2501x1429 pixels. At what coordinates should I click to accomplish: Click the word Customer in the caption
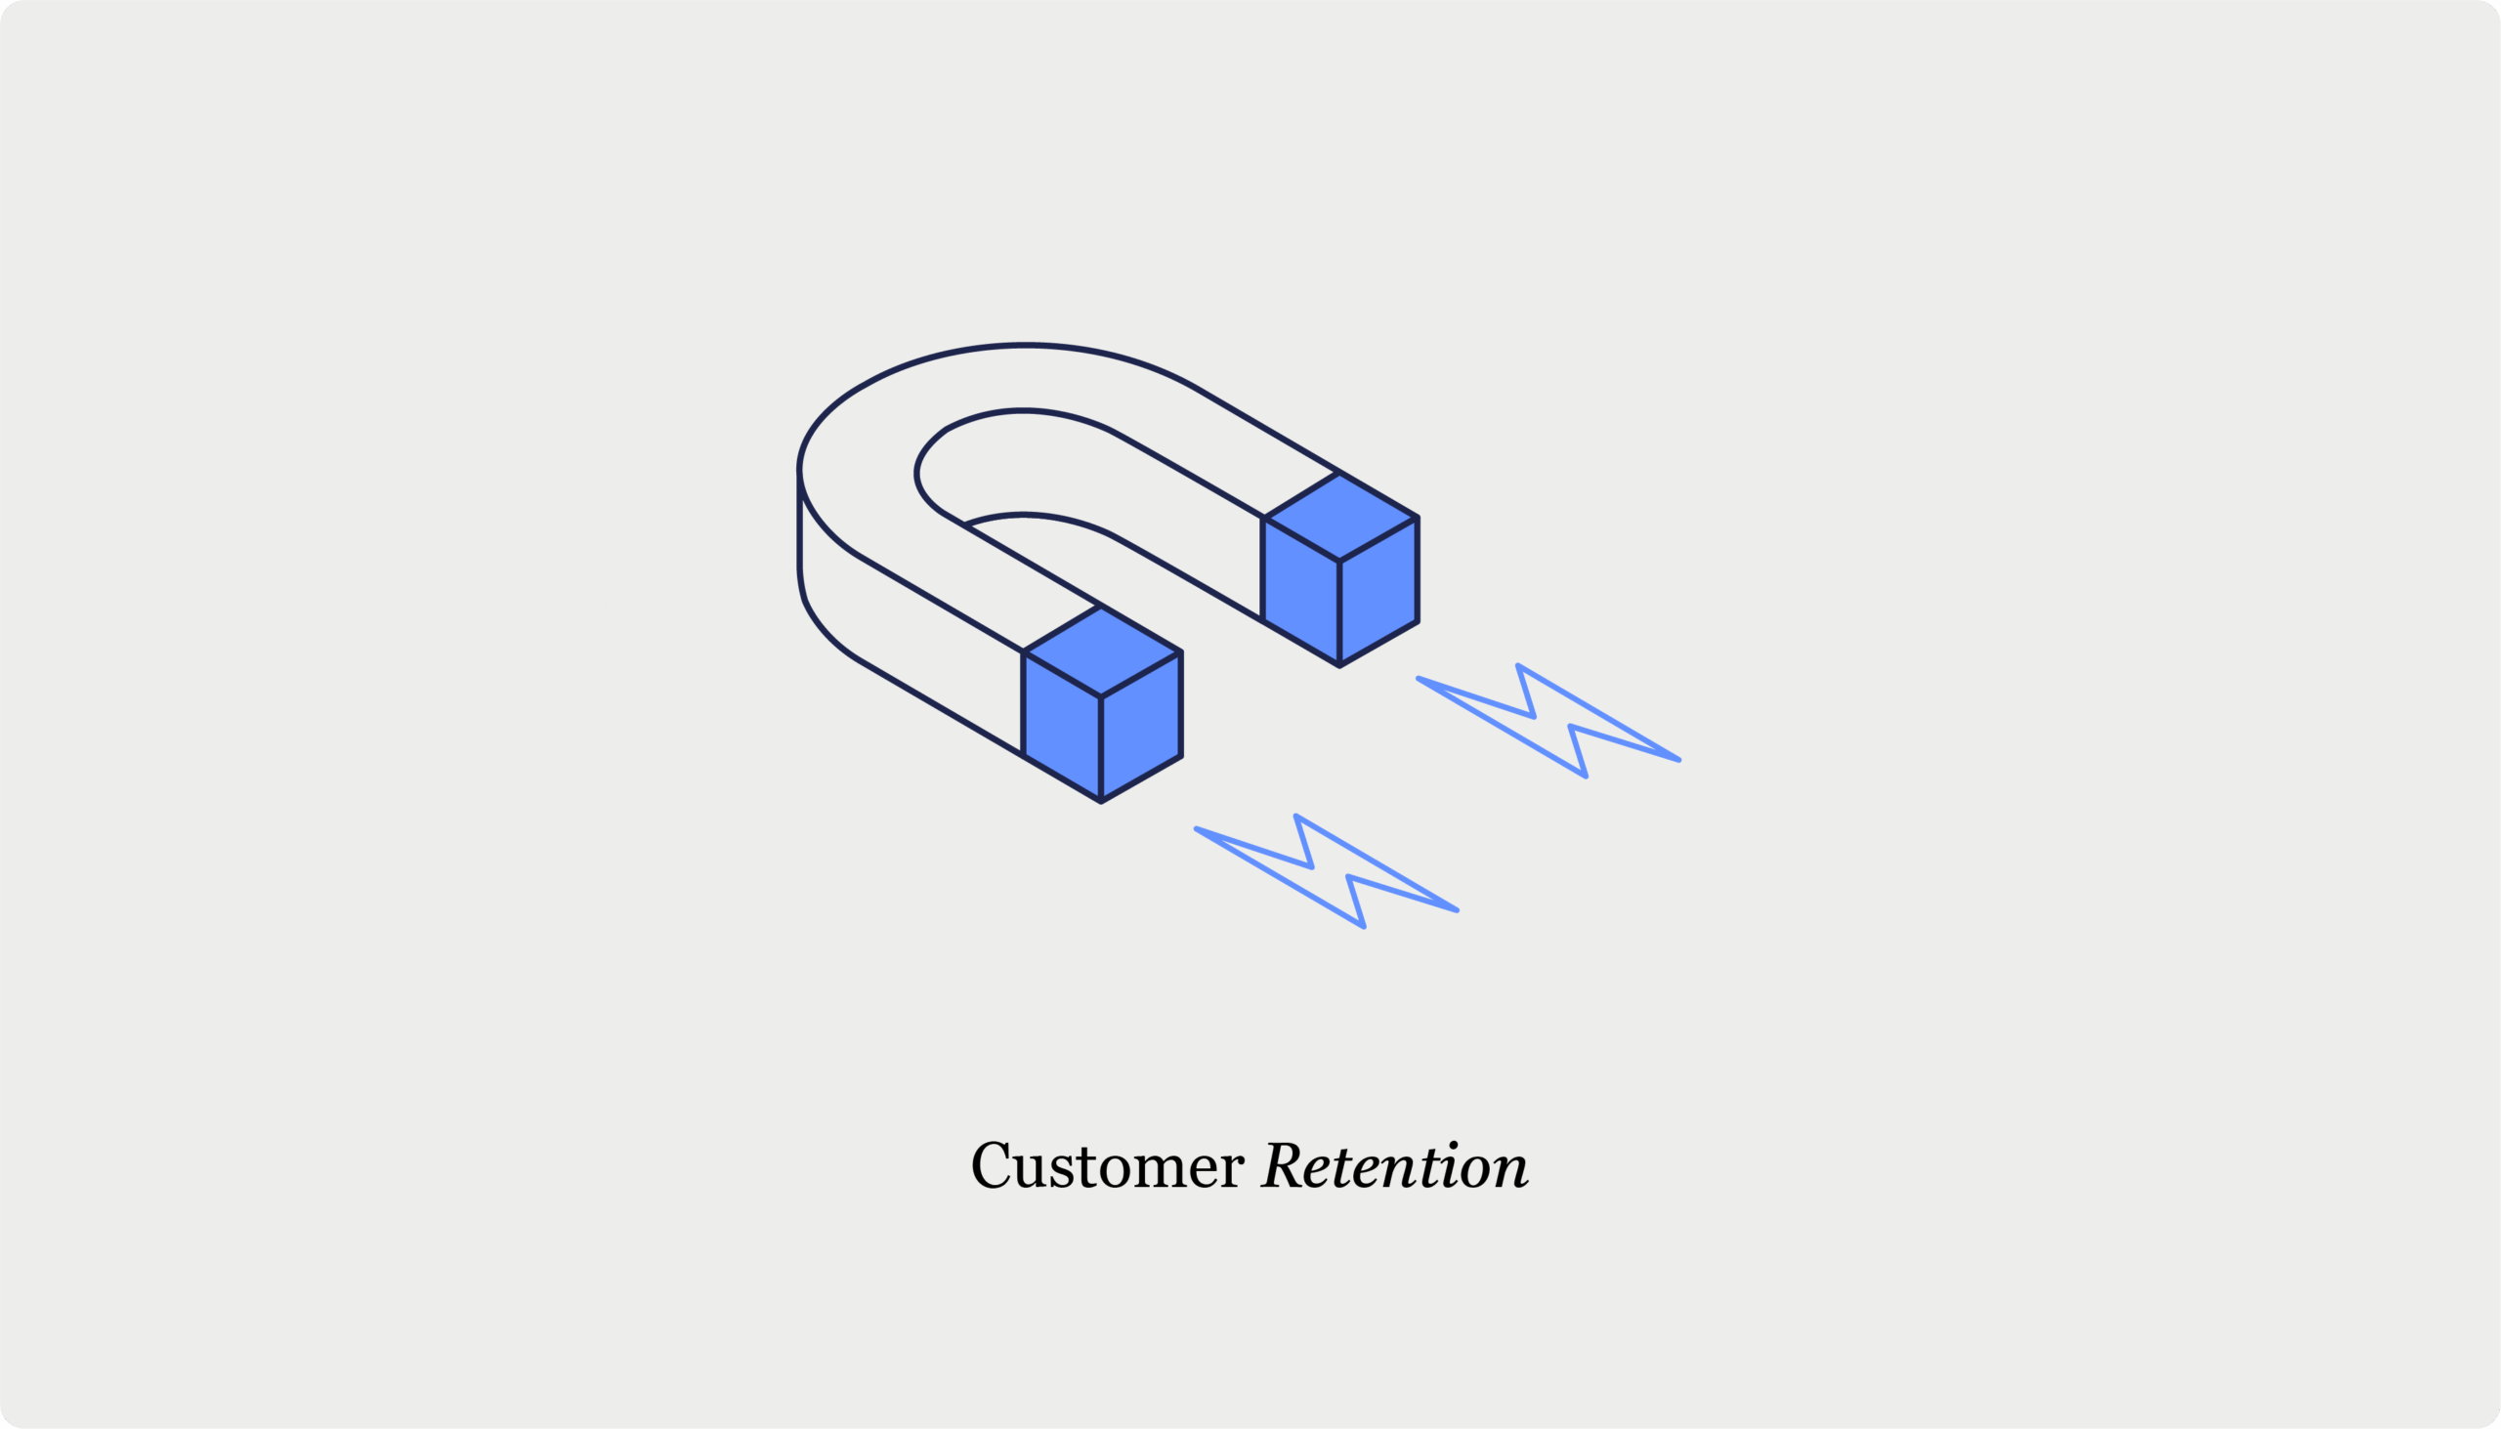[1108, 1166]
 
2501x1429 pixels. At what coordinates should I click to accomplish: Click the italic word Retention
[1395, 1165]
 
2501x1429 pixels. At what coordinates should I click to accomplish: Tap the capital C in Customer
[992, 1165]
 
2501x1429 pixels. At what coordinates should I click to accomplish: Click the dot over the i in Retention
[1454, 1145]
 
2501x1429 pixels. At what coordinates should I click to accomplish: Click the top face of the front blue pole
[1101, 651]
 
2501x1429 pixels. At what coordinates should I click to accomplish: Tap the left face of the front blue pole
[1062, 727]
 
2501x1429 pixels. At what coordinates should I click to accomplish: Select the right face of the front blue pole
[1141, 727]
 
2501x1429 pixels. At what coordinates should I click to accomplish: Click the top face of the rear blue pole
[1339, 518]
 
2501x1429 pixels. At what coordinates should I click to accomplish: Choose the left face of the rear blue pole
[1301, 591]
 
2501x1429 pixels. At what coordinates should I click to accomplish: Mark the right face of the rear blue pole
[1379, 591]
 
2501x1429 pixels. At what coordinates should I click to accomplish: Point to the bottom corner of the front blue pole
[1101, 802]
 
